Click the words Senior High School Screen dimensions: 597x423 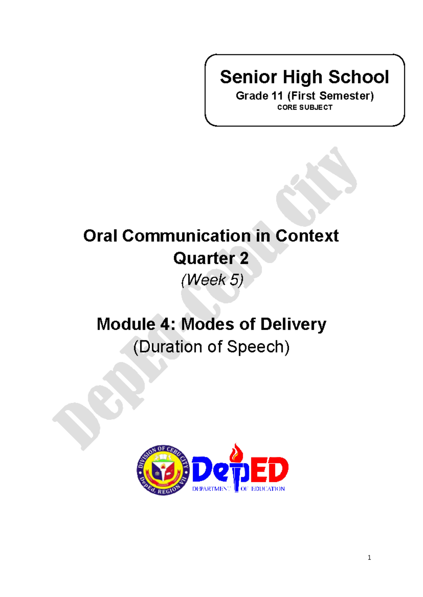[304, 77]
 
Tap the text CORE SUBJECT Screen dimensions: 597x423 [305, 107]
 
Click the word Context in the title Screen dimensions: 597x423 [307, 236]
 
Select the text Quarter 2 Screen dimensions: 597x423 [211, 258]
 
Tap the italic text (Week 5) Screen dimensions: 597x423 [212, 280]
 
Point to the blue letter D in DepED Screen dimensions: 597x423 [202, 470]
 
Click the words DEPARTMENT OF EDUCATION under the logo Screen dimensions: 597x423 [238, 489]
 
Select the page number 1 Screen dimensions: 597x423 [369, 558]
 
